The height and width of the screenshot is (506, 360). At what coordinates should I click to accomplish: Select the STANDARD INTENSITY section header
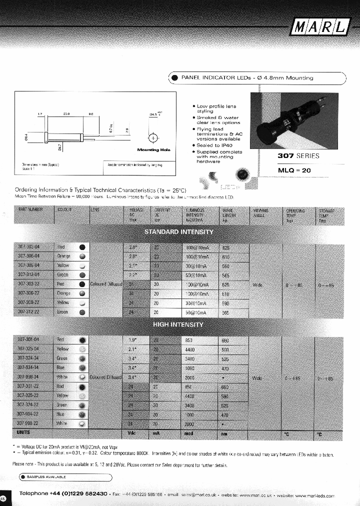pyautogui.click(x=178, y=232)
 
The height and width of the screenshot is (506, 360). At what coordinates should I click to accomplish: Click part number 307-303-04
pyautogui.click(x=28, y=246)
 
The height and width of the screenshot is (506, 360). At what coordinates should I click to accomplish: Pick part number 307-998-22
pyautogui.click(x=28, y=422)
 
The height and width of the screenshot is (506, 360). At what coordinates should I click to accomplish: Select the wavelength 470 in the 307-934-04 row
pyautogui.click(x=225, y=368)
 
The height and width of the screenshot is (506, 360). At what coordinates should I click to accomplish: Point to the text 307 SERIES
pyautogui.click(x=298, y=155)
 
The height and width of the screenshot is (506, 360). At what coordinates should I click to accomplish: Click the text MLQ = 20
pyautogui.click(x=295, y=170)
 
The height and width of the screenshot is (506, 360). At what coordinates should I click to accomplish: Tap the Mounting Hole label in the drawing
pyautogui.click(x=153, y=149)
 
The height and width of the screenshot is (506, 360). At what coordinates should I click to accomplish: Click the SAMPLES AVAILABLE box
pyautogui.click(x=65, y=476)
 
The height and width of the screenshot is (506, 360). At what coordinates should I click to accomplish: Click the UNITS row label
pyautogui.click(x=23, y=432)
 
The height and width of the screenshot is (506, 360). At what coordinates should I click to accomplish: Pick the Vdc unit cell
pyautogui.click(x=132, y=433)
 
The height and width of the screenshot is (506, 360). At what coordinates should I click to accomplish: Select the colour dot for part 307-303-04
pyautogui.click(x=82, y=247)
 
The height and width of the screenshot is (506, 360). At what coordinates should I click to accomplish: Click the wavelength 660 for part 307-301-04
pyautogui.click(x=225, y=340)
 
